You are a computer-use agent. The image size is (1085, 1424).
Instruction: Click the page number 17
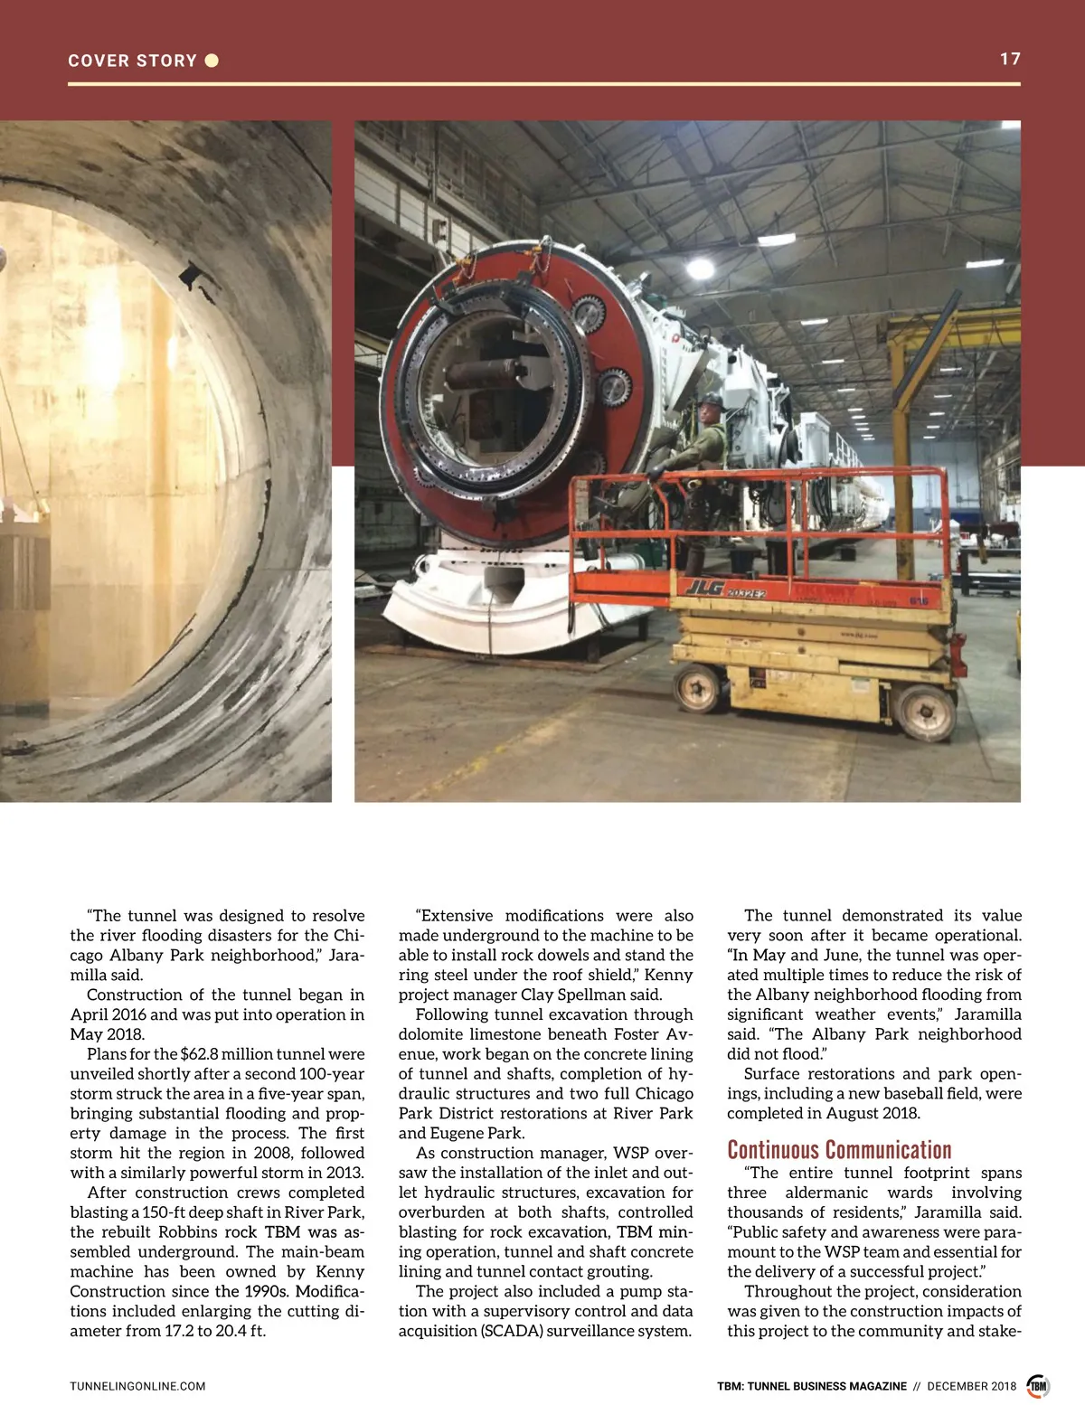(1009, 59)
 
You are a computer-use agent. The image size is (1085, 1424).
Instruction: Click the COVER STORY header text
(132, 61)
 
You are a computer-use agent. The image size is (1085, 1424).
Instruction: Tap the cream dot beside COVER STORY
(212, 61)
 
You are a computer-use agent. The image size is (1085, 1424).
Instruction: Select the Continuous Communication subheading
(839, 1150)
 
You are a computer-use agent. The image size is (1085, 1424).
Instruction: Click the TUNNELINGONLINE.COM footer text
(137, 1386)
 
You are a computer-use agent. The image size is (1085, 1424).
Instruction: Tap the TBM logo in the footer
(1037, 1386)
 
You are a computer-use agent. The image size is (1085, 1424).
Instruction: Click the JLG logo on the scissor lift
(703, 589)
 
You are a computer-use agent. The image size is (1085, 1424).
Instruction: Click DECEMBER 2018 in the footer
(971, 1386)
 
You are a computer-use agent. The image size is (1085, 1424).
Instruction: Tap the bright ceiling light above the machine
(699, 269)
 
